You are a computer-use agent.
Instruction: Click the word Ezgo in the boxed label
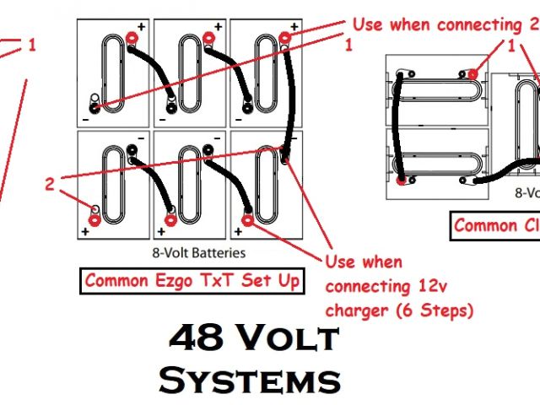[173, 282]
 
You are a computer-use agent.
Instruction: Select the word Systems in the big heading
[250, 380]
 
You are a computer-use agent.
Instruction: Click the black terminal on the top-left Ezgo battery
[94, 107]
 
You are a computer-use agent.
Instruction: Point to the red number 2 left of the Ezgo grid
[50, 182]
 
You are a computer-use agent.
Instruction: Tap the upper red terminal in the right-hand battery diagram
[472, 74]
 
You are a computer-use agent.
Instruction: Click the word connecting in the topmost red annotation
[459, 25]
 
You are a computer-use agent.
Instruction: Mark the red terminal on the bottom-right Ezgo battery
[247, 221]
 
